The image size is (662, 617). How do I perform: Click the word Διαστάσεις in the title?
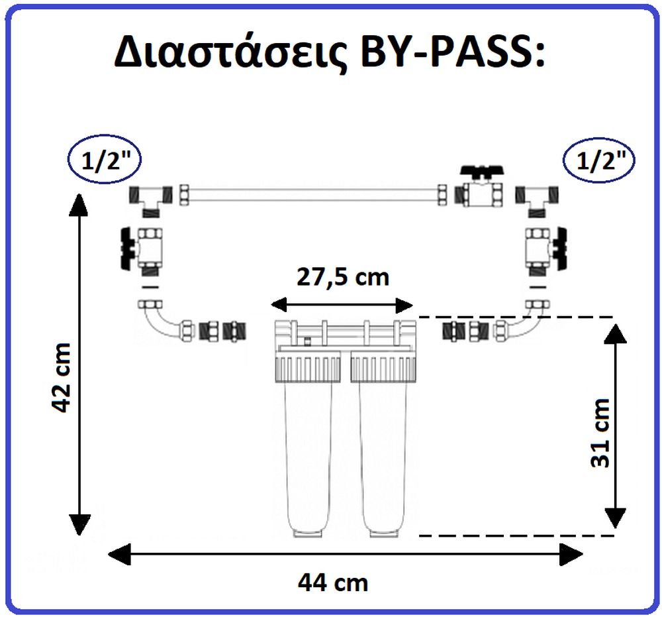230,53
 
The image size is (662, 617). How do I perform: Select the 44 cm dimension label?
333,583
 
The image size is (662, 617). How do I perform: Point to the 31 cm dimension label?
600,433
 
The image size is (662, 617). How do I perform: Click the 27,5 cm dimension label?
343,277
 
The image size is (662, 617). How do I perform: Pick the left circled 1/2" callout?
104,160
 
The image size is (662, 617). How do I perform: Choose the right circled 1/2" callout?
599,160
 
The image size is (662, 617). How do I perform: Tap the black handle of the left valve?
128,249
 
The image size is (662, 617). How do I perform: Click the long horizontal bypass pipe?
312,196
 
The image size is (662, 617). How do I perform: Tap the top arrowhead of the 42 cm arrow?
79,205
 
